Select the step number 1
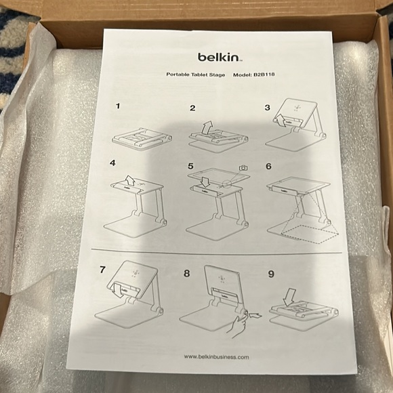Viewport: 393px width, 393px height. click(118, 106)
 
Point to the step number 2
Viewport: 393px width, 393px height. click(192, 108)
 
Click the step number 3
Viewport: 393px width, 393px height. click(267, 108)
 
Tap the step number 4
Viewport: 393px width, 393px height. click(114, 164)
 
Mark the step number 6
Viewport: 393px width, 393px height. click(268, 166)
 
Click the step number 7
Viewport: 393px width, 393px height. click(102, 269)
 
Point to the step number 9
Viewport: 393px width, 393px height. click(269, 275)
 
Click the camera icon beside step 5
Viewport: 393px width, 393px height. click(243, 167)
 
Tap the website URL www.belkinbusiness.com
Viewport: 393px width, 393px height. click(216, 356)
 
